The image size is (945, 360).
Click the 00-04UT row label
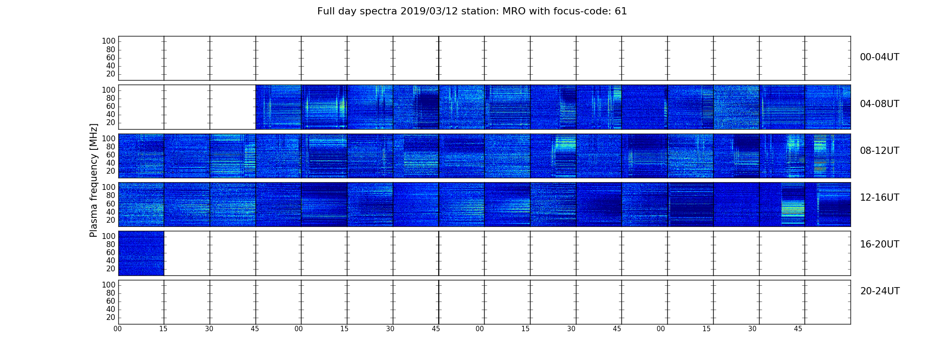[879, 57]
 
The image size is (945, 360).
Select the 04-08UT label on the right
[879, 104]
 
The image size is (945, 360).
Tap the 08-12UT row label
[879, 151]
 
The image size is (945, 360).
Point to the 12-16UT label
[879, 198]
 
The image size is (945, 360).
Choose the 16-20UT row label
[879, 244]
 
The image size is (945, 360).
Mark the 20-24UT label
[880, 291]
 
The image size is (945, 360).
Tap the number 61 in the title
[621, 11]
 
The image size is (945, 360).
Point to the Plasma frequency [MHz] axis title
[94, 180]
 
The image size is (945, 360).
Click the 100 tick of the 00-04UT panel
[108, 41]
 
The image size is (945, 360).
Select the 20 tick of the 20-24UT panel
[111, 318]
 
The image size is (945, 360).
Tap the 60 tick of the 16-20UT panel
[111, 252]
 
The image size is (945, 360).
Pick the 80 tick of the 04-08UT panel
[111, 98]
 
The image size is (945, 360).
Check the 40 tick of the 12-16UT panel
[111, 212]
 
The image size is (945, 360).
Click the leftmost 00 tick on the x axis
[118, 329]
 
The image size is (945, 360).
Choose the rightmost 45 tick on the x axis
[798, 329]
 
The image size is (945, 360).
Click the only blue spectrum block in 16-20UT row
[141, 253]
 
